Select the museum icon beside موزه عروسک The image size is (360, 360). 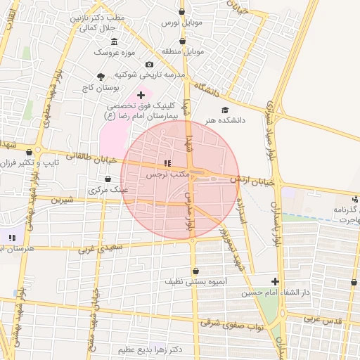[x=114, y=41]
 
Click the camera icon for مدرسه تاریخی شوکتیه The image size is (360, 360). [x=149, y=65]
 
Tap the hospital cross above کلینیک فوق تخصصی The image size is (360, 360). [x=141, y=94]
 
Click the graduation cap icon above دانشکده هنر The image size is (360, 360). [x=225, y=110]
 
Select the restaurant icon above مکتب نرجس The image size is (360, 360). [x=167, y=163]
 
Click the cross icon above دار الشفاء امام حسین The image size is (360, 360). [x=275, y=281]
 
